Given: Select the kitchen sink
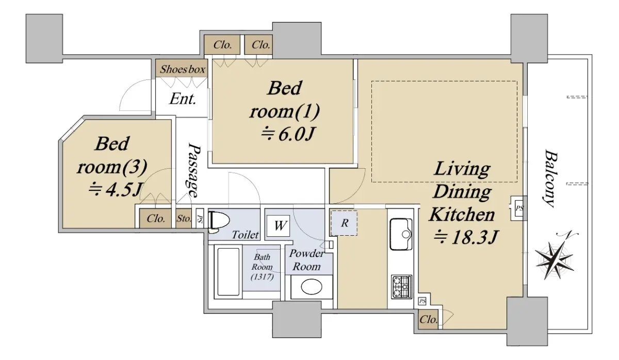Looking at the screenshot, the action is tap(401, 234).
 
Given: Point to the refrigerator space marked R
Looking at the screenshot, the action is tap(344, 223).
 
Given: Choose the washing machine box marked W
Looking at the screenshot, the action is tap(279, 226).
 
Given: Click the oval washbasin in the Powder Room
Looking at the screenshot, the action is tap(312, 287).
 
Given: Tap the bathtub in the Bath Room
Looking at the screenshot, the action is tap(228, 272).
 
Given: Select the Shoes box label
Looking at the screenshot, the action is tap(183, 69).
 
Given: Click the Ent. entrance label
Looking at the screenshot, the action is tap(183, 99).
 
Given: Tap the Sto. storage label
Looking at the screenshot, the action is tap(184, 219).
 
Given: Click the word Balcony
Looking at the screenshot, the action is tap(550, 178).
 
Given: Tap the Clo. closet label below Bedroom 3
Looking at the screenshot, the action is tap(156, 219).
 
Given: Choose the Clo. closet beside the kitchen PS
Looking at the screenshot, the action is tap(429, 320).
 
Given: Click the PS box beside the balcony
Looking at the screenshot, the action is tap(519, 208).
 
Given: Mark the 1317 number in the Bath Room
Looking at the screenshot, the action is tap(262, 276).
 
